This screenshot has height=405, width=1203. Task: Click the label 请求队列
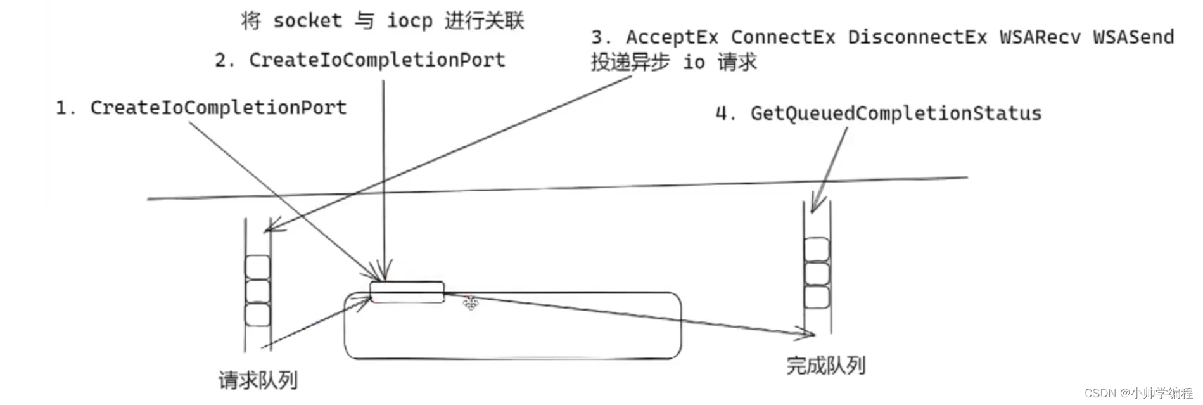[x=258, y=380]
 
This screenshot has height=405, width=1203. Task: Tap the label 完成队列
[x=825, y=365]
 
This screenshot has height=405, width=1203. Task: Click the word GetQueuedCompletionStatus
[x=895, y=113]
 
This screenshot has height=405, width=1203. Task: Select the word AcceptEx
[x=672, y=37]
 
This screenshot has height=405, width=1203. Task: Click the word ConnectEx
[x=783, y=37]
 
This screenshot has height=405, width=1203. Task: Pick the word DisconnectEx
[x=917, y=37]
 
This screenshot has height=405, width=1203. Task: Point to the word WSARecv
[x=1040, y=37]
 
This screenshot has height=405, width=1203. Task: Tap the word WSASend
[x=1133, y=37]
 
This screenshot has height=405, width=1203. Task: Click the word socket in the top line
[x=307, y=21]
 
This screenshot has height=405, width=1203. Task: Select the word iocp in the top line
[x=409, y=21]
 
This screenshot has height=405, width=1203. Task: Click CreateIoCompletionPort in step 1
[x=218, y=108]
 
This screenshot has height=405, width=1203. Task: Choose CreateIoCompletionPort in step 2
[x=377, y=60]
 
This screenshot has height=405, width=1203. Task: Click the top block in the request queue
[x=258, y=267]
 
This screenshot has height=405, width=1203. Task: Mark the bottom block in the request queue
[x=258, y=315]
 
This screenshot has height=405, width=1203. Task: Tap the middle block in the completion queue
[x=817, y=274]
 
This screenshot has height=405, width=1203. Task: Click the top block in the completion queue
[x=817, y=250]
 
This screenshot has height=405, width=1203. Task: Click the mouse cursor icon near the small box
[x=470, y=304]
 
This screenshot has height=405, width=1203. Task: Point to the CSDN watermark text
[x=1138, y=393]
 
